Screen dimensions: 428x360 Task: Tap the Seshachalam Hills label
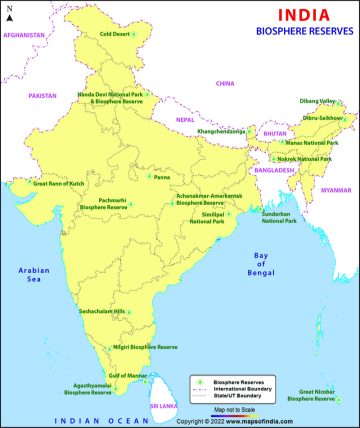pos(104,311)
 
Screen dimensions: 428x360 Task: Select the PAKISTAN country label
pos(42,95)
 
